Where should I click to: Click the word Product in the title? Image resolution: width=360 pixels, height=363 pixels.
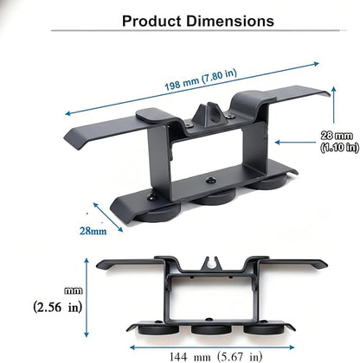(151, 21)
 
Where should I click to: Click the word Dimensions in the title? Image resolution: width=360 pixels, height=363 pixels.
(230, 21)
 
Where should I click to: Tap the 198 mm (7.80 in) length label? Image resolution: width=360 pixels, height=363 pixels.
(201, 80)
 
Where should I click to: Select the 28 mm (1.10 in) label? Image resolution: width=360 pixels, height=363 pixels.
(339, 141)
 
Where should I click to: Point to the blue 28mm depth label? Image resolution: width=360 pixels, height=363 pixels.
(93, 231)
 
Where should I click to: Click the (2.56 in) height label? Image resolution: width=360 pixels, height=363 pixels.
(58, 307)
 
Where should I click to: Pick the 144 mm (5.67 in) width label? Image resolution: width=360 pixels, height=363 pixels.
(215, 357)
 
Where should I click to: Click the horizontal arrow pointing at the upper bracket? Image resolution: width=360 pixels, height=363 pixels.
(295, 142)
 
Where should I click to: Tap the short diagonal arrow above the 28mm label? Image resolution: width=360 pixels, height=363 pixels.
(108, 217)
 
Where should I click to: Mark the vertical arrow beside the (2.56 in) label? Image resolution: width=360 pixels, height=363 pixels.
(87, 297)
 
